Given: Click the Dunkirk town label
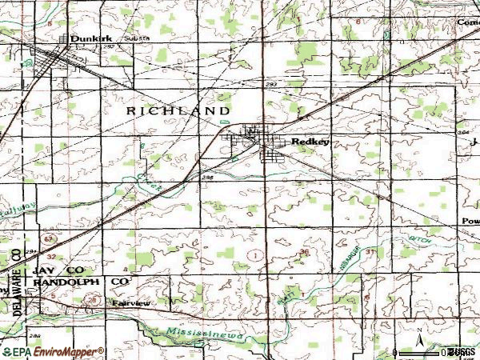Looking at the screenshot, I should tap(87, 38).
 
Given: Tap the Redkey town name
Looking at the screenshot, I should tap(310, 142).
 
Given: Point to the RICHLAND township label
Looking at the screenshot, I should tap(178, 110).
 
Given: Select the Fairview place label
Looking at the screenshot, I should tap(130, 304).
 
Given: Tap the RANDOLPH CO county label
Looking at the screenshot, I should tap(80, 282).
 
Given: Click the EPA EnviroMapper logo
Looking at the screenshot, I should tap(52, 351).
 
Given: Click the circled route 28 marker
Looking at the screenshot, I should tap(94, 299).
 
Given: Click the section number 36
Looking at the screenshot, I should tap(303, 253).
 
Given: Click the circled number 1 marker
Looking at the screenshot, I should tap(254, 254).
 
